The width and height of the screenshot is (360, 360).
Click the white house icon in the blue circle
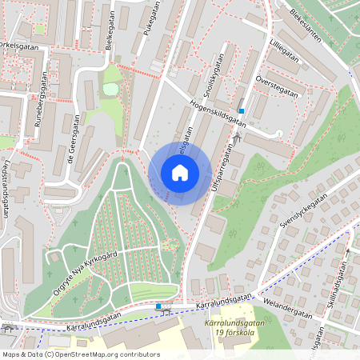click(x=180, y=173)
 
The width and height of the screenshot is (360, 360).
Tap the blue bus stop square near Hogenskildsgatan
click(x=241, y=110)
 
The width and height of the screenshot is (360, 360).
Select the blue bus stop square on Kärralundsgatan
click(x=158, y=306)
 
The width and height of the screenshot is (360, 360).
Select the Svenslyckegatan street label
click(x=304, y=213)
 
